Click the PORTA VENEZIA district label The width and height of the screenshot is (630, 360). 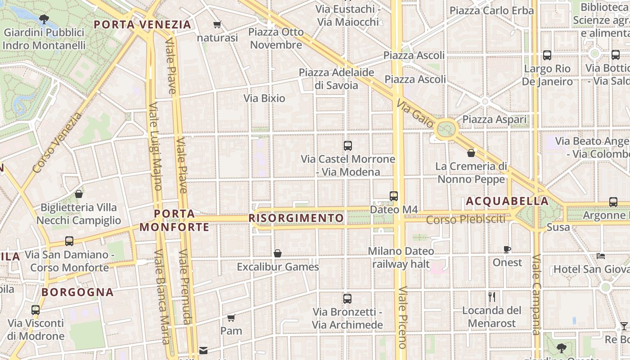[x=143, y=24]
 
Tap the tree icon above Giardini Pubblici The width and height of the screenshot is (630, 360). [x=44, y=19]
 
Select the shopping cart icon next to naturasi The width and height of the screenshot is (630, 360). [x=217, y=25]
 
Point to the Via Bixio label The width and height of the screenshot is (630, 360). [x=264, y=98]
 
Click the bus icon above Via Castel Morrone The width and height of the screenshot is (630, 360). [x=347, y=146]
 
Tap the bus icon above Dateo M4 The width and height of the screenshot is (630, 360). [x=394, y=196]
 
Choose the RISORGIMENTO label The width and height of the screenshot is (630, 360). [x=296, y=218]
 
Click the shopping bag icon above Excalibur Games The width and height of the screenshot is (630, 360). [x=278, y=253]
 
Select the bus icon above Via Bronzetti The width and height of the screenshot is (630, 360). [x=347, y=298]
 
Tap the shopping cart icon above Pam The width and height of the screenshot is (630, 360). [x=231, y=318]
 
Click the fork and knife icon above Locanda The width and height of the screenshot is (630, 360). [x=492, y=297]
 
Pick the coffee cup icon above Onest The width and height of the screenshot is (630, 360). [x=507, y=249]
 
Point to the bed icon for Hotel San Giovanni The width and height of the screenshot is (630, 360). [x=601, y=256]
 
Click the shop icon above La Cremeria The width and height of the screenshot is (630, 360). [x=471, y=153]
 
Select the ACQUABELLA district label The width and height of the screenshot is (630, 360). [x=507, y=201]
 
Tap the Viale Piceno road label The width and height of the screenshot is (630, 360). [x=402, y=317]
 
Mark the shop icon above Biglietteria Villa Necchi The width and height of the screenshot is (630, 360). [x=79, y=194]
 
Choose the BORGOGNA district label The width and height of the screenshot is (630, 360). [x=77, y=292]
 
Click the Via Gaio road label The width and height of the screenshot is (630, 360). [x=415, y=114]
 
